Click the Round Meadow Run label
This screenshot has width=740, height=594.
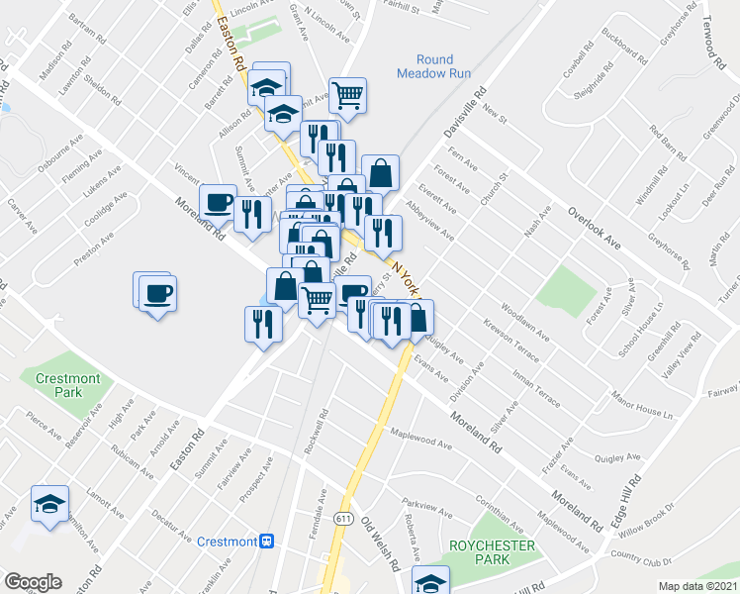tap(433, 66)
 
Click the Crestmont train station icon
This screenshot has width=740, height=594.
tap(266, 542)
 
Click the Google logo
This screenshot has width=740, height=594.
tap(33, 581)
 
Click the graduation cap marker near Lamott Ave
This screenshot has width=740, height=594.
tap(50, 503)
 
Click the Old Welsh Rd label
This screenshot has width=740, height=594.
tap(379, 545)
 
